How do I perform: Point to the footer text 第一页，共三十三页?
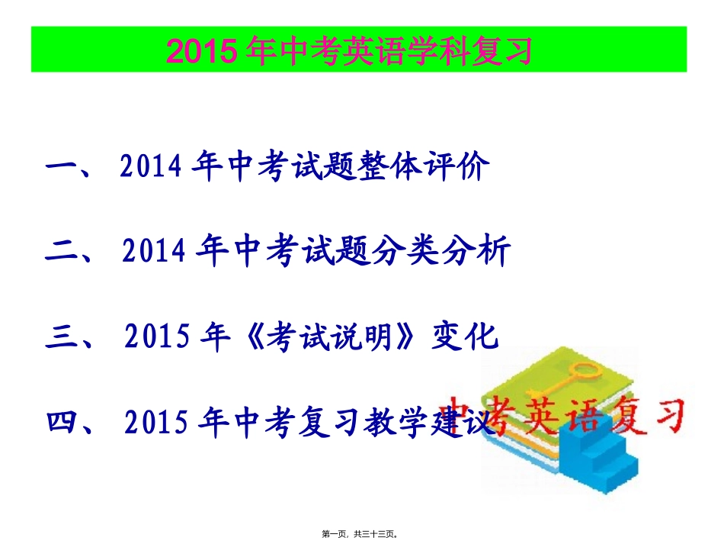point(362,535)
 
